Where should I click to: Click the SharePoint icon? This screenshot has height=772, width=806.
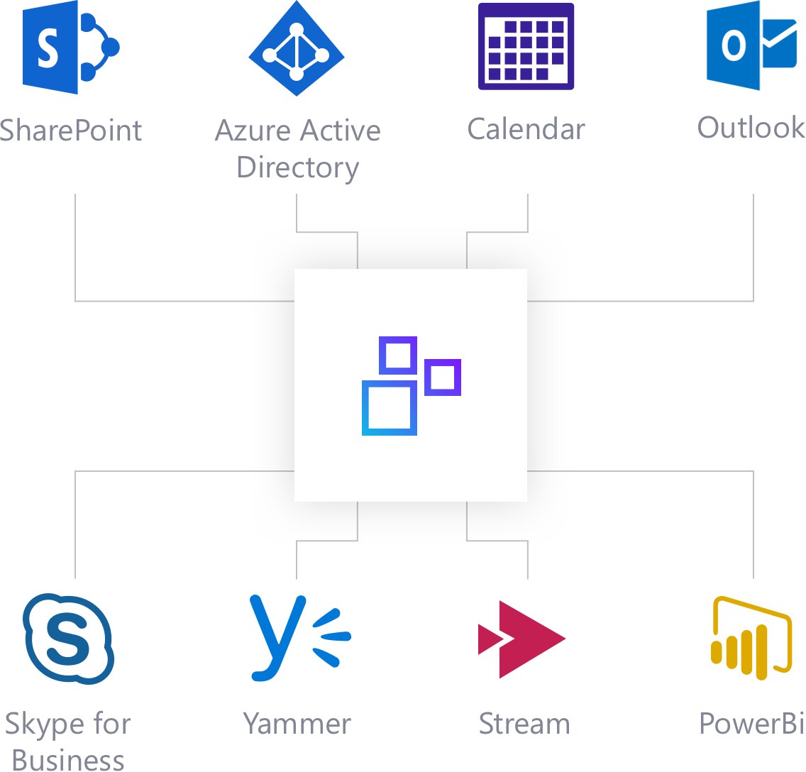[70, 48]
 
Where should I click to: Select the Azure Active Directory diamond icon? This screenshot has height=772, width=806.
[297, 49]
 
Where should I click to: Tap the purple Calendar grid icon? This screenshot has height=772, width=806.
[526, 47]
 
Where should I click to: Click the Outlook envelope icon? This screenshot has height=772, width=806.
[752, 45]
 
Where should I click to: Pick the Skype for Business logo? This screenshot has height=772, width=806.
[69, 639]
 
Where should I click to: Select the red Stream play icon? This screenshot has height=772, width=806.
[521, 639]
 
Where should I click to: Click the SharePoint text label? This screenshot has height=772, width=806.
[71, 131]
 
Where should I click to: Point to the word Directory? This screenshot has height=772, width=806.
[297, 168]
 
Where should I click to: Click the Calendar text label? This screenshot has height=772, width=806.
[526, 130]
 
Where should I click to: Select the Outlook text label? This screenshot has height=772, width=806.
[751, 128]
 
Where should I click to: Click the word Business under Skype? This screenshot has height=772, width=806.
[68, 759]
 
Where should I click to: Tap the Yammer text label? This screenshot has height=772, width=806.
[297, 724]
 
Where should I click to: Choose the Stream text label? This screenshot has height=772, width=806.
[524, 724]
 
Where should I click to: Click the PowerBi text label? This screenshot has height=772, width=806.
[751, 724]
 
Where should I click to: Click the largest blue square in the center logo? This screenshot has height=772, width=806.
[389, 408]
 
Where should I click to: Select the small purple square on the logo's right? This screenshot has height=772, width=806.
[443, 377]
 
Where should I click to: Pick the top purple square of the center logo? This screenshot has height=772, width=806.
[398, 355]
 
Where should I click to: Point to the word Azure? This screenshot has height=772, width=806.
[254, 131]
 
